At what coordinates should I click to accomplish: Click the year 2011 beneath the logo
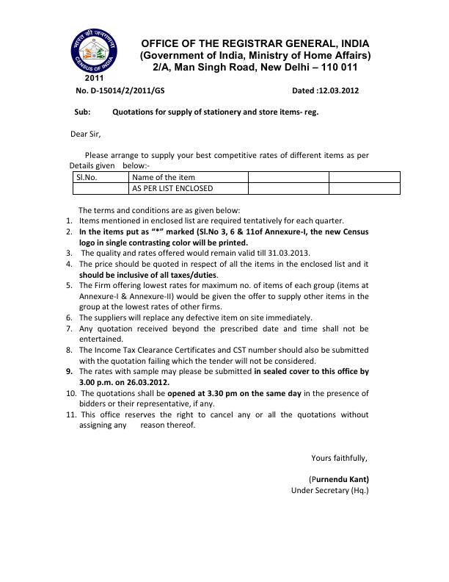tap(94, 77)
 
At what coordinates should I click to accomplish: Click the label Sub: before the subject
tap(82, 112)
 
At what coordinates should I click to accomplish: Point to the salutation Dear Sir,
tap(84, 134)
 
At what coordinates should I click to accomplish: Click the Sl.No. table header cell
tap(87, 177)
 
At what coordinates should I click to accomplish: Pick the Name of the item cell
tap(164, 177)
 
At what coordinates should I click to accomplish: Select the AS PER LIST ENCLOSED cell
tap(172, 188)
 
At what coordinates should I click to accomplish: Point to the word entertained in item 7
tap(101, 339)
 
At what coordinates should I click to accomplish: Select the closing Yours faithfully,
tap(339, 458)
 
